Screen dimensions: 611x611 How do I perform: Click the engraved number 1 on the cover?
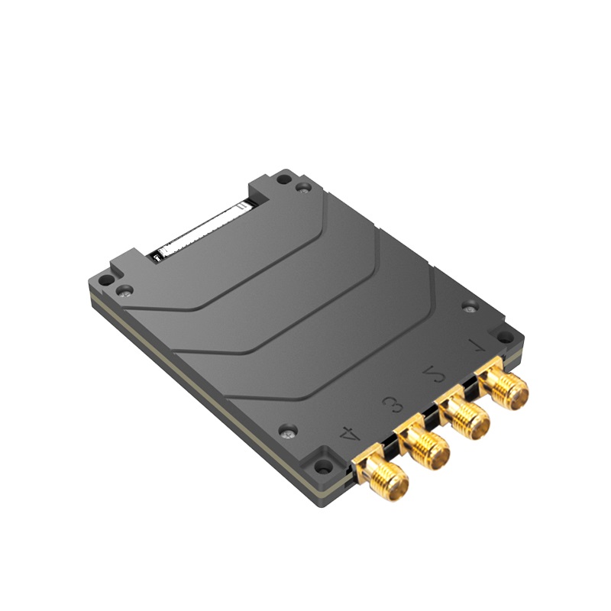pos(479,344)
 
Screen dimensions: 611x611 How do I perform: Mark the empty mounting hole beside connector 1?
pos(505,336)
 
